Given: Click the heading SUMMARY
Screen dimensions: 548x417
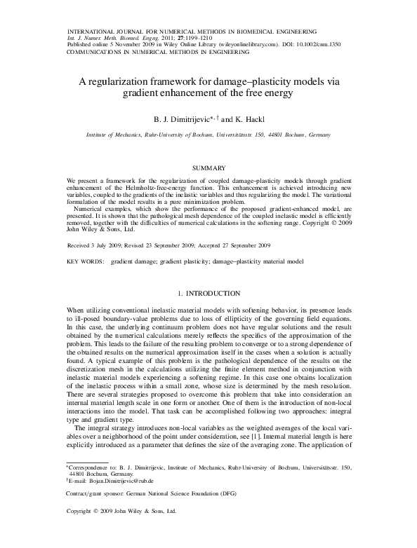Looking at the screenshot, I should (x=208, y=168).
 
